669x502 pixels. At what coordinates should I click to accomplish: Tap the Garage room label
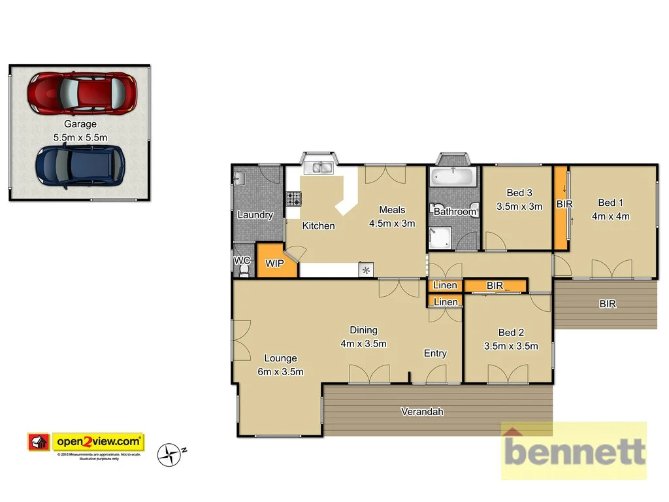(x=80, y=124)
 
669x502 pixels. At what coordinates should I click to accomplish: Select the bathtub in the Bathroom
(x=454, y=176)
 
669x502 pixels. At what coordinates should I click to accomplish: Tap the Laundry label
(x=255, y=215)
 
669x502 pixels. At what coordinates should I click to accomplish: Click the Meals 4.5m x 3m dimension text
(x=392, y=223)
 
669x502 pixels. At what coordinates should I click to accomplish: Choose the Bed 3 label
(x=519, y=193)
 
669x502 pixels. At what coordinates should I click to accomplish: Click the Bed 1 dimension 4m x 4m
(x=610, y=216)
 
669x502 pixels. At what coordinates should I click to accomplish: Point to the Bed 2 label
(x=510, y=333)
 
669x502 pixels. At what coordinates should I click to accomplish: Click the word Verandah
(x=422, y=412)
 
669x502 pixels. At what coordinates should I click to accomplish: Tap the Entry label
(x=435, y=354)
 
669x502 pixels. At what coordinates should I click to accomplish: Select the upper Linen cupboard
(x=446, y=286)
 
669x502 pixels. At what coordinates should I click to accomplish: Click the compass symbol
(x=171, y=454)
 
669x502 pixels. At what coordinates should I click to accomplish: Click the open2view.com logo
(x=86, y=442)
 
